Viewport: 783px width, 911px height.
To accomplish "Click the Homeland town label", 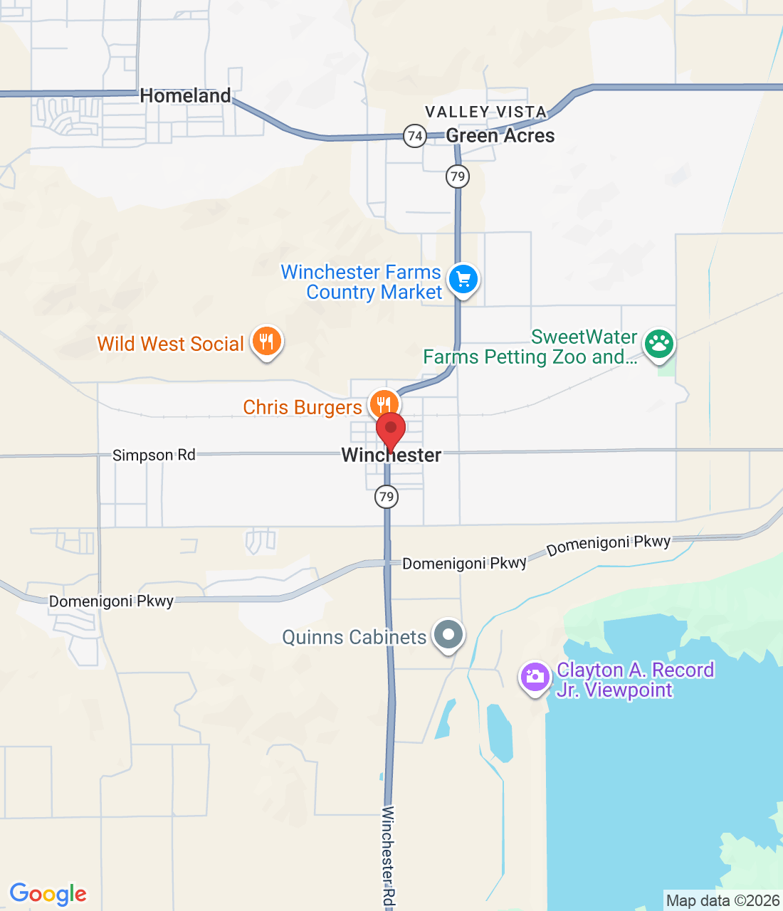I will pyautogui.click(x=185, y=95).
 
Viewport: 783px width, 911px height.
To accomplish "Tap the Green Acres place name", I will pyautogui.click(x=500, y=135).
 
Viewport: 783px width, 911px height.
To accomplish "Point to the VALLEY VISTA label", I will pyautogui.click(x=485, y=112).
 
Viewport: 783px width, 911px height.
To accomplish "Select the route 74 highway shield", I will pyautogui.click(x=414, y=135).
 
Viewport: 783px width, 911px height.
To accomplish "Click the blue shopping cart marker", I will pyautogui.click(x=463, y=279).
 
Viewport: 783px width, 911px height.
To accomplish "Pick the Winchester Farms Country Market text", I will pyautogui.click(x=362, y=282).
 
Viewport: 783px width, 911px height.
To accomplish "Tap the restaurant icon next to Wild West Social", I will pyautogui.click(x=266, y=342).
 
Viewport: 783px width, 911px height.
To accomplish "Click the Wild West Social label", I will pyautogui.click(x=171, y=344).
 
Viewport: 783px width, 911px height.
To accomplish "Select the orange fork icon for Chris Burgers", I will pyautogui.click(x=382, y=404).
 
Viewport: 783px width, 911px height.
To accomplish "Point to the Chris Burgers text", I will pyautogui.click(x=303, y=407).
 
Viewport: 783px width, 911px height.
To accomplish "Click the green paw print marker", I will pyautogui.click(x=658, y=344).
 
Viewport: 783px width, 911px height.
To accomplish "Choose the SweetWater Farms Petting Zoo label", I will pyautogui.click(x=530, y=347).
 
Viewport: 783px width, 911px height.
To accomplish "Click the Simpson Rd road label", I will pyautogui.click(x=154, y=455).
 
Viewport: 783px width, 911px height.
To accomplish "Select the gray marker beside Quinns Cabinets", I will pyautogui.click(x=448, y=634).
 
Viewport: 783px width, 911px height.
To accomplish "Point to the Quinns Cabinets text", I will pyautogui.click(x=354, y=637).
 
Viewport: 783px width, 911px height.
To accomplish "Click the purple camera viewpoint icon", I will pyautogui.click(x=535, y=677).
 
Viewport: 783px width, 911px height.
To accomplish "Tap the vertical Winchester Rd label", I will pyautogui.click(x=388, y=857).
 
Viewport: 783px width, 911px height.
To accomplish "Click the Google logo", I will pyautogui.click(x=48, y=894).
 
